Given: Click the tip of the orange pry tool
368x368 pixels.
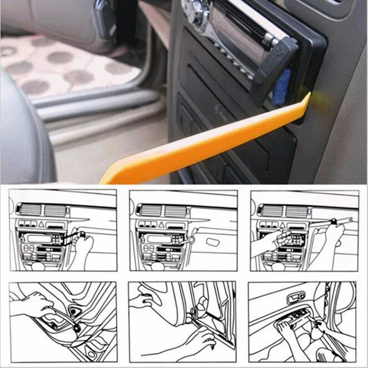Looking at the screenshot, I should pyautogui.click(x=307, y=97).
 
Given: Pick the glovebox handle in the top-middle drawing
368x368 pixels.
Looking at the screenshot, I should pyautogui.click(x=215, y=242).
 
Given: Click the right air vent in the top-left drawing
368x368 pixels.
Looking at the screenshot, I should pyautogui.click(x=54, y=210).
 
